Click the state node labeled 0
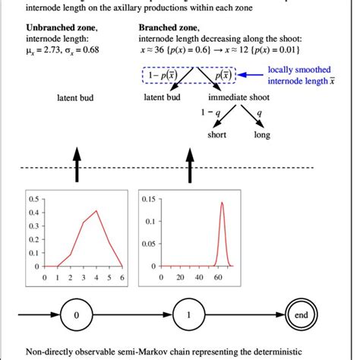75,314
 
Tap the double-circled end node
300,314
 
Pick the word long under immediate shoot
262,134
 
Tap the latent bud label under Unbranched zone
76,97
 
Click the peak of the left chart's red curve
96,211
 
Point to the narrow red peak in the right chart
221,203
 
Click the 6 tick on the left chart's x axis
122,278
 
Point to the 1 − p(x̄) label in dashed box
162,77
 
